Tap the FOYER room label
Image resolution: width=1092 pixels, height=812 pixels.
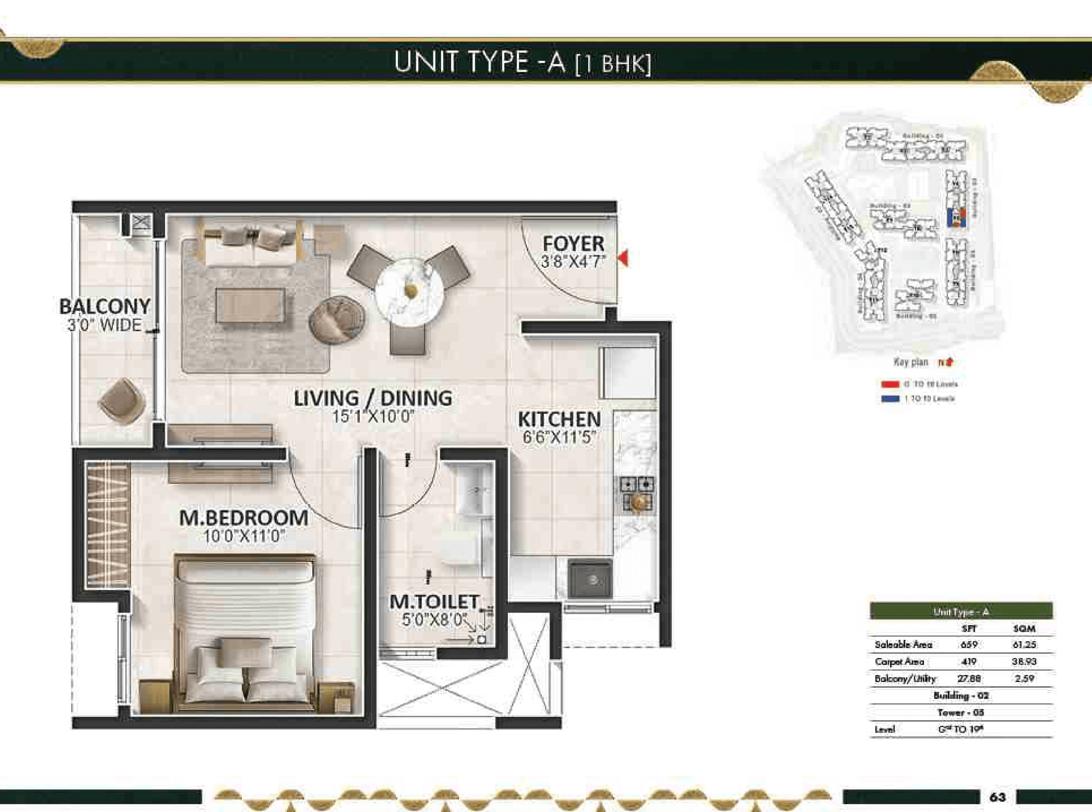pyautogui.click(x=573, y=244)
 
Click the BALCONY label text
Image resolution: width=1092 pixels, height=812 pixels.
pyautogui.click(x=105, y=307)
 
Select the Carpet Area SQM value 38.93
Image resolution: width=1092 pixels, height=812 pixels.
pyautogui.click(x=1024, y=662)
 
